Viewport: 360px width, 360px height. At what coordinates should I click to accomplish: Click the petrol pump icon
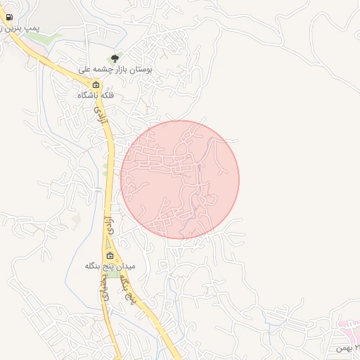[8, 18]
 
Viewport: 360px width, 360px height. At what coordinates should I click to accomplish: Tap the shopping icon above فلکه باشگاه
[96, 84]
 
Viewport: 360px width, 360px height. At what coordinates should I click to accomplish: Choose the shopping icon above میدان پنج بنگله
[110, 256]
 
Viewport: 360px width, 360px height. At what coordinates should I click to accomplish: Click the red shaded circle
[180, 179]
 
